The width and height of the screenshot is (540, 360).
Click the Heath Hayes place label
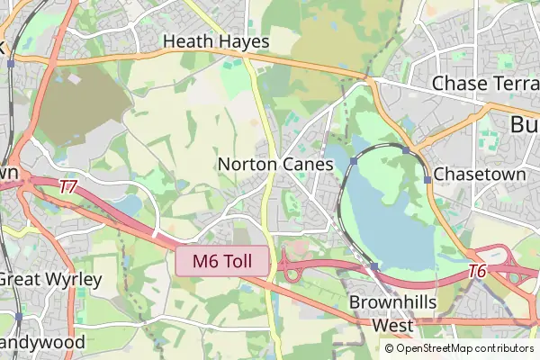pos(216,41)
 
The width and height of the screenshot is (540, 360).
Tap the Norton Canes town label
pos(275,166)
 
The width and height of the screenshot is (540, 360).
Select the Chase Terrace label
pos(485,83)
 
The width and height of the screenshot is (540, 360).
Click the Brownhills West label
pos(381,312)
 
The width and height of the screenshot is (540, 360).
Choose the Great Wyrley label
pos(49,279)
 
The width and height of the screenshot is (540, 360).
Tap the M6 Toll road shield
pos(222,261)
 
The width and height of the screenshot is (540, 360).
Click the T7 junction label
pos(68,188)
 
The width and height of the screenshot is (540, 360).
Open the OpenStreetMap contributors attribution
pos(459,348)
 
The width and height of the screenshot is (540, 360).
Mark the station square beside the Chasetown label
pos(427,179)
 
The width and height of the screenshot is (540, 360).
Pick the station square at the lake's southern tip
pos(373,266)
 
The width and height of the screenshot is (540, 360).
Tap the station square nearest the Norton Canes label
pos(355,161)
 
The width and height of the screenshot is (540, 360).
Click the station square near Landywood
pos(18,317)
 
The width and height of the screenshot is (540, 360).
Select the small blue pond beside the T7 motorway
pos(129,206)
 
